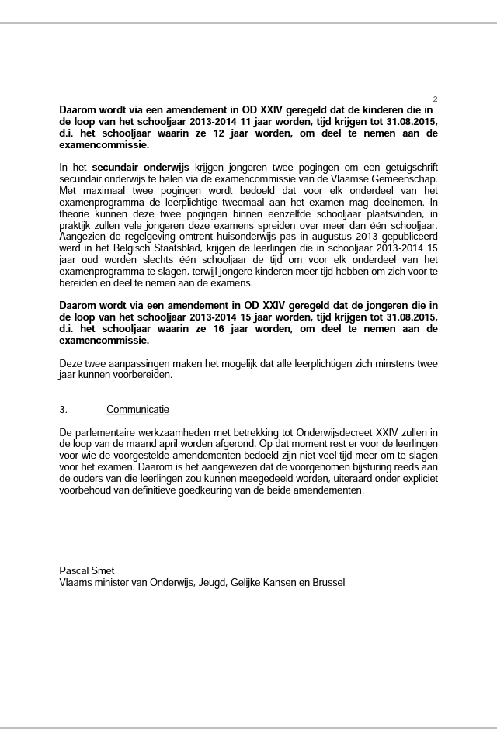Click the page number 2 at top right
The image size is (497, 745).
(x=435, y=99)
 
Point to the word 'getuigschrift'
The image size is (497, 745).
(x=407, y=167)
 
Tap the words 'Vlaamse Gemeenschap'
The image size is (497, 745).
(x=389, y=178)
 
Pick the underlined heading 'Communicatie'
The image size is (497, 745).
(x=137, y=409)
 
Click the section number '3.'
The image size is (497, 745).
(x=64, y=409)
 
